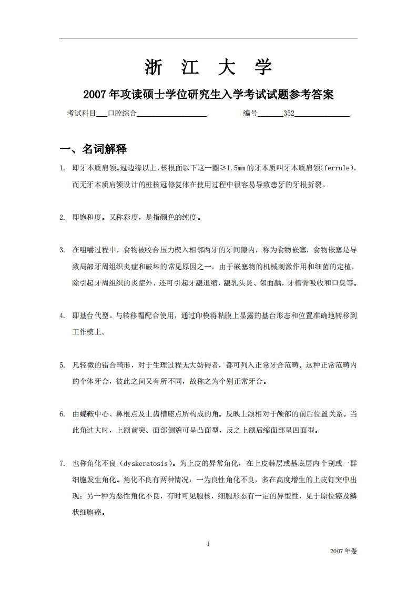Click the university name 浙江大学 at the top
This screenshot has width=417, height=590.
(208, 67)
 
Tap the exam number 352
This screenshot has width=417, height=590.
(289, 113)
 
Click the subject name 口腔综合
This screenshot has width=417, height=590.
(121, 113)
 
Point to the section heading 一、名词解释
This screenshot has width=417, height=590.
(93, 149)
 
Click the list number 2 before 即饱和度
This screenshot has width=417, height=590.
(62, 217)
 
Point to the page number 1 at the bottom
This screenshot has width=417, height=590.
(209, 543)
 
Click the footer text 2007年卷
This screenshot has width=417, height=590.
(343, 551)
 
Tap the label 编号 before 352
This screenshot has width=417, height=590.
(250, 113)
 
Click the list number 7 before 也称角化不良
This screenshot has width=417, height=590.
(62, 464)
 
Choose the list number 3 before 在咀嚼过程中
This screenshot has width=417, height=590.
(62, 250)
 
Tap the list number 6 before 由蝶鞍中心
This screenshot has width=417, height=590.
(62, 414)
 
